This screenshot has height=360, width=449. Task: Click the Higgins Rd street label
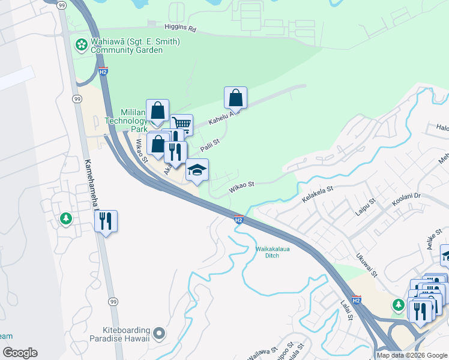tap(180, 28)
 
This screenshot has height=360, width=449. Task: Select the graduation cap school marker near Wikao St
tap(197, 170)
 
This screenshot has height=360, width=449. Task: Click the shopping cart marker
tap(181, 125)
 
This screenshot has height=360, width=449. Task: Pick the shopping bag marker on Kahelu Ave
tap(236, 98)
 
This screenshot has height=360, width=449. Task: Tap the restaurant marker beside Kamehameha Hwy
tap(106, 221)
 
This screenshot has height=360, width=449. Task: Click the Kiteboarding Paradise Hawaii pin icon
tap(158, 332)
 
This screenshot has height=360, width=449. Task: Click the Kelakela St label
tap(317, 197)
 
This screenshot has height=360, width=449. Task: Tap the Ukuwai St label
tap(366, 265)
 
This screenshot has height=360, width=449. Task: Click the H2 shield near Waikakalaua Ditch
tap(238, 220)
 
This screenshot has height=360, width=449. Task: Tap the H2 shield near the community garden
tap(103, 72)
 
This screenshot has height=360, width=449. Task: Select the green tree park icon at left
tap(65, 219)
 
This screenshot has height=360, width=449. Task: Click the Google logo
tap(19, 353)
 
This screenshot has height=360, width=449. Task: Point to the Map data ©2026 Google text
tap(412, 355)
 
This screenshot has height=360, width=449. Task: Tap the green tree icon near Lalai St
tap(398, 305)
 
